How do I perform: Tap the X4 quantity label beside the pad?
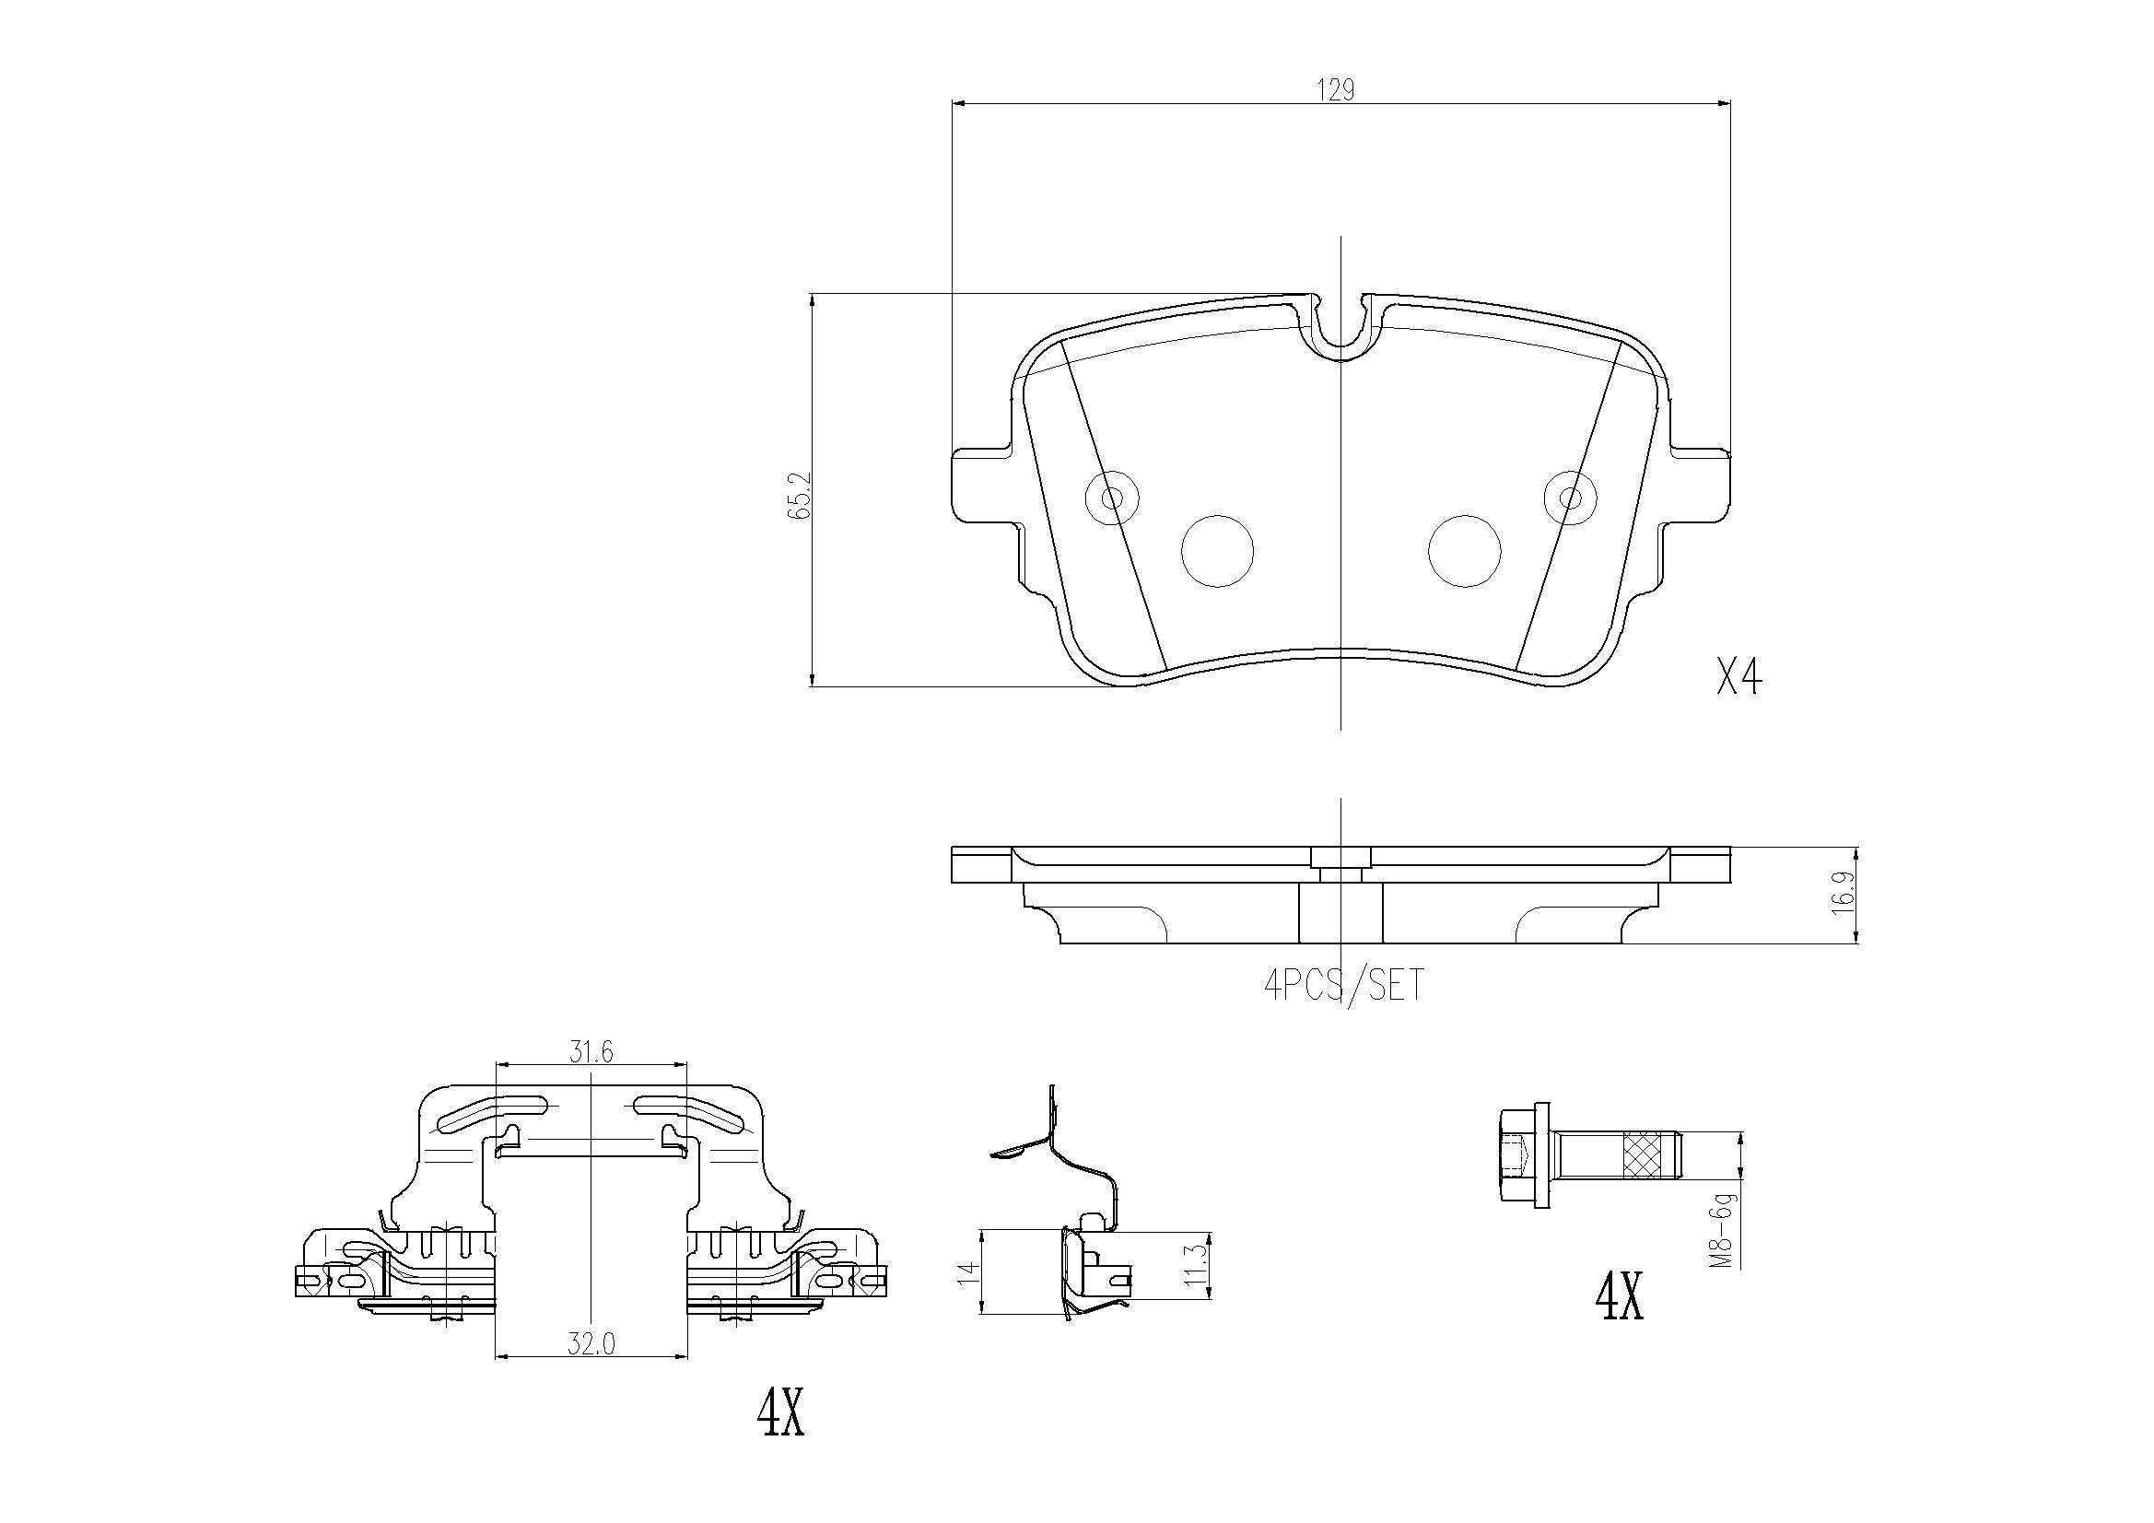coord(1738,677)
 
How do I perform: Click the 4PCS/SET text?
coord(1343,985)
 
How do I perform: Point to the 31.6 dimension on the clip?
coord(591,1053)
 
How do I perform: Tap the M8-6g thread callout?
coord(1720,1230)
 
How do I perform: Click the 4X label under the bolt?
coord(1620,1297)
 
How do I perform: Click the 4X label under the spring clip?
coord(780,1414)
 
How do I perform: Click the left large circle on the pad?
coord(1218,551)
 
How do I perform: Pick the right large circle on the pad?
coord(1464,551)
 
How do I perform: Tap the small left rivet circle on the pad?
coord(1112,497)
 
